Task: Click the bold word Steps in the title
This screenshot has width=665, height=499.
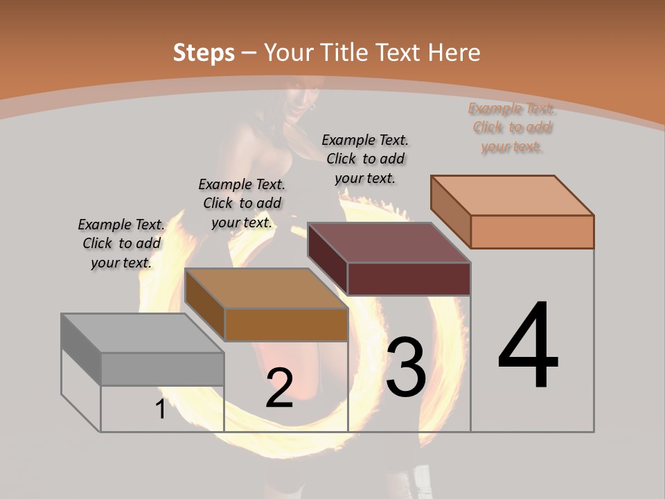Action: pyautogui.click(x=204, y=53)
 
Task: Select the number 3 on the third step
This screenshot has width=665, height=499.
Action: pyautogui.click(x=405, y=367)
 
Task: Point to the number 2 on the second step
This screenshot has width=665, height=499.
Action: pyautogui.click(x=279, y=389)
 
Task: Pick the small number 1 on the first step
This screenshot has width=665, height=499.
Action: pyautogui.click(x=160, y=410)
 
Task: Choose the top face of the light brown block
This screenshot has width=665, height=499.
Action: pyautogui.click(x=266, y=288)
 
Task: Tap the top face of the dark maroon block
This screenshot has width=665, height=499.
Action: pyautogui.click(x=389, y=243)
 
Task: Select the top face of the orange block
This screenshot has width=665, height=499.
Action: pyautogui.click(x=512, y=195)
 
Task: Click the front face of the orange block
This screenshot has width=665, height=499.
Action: pyautogui.click(x=532, y=231)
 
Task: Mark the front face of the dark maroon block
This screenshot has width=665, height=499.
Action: pyautogui.click(x=409, y=279)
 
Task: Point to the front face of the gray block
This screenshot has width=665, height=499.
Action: pyautogui.click(x=163, y=369)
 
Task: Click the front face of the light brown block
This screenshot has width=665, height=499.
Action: pyautogui.click(x=286, y=324)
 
